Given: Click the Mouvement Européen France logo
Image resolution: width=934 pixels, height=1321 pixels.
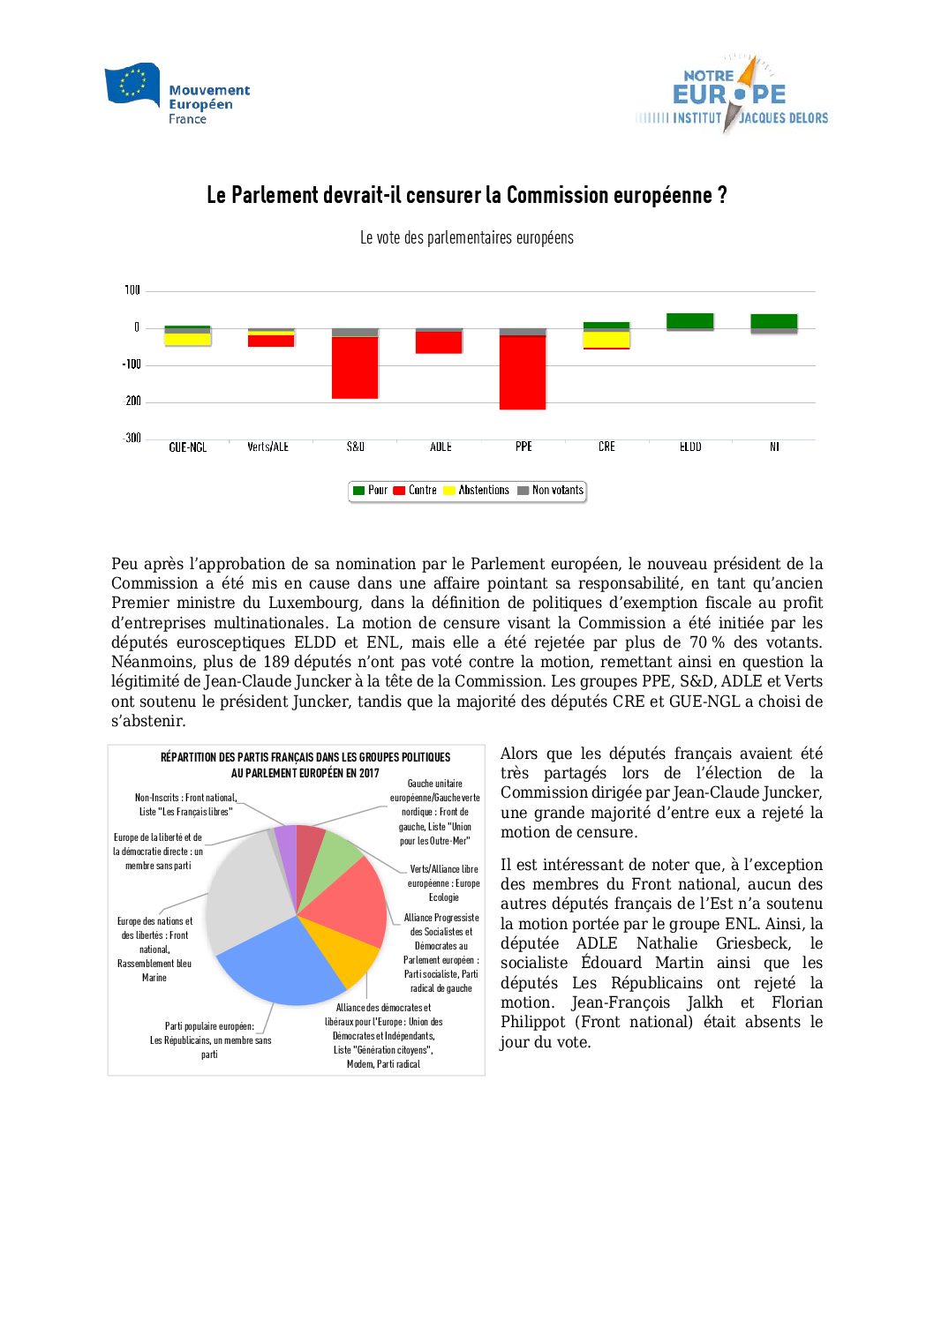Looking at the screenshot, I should [177, 94].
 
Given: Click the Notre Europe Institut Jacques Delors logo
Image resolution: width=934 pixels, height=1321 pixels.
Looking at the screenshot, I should [732, 94].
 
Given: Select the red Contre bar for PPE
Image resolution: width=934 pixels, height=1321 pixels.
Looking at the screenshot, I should [523, 372].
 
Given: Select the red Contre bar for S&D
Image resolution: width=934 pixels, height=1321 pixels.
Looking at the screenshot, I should [355, 367].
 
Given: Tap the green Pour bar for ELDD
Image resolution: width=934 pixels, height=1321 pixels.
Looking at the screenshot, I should [690, 320].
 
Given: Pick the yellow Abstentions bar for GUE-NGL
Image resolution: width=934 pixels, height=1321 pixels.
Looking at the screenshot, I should [187, 340].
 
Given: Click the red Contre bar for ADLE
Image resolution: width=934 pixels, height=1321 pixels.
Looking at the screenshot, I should [439, 342].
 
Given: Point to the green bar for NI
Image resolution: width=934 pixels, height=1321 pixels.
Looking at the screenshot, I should [774, 321].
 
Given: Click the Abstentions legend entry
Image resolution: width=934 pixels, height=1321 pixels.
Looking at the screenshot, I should [476, 491].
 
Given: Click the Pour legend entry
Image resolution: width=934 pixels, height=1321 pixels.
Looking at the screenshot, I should [370, 491].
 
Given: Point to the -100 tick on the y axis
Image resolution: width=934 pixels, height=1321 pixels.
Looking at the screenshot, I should [132, 364].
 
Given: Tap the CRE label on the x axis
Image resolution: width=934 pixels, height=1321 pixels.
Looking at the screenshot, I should [606, 447].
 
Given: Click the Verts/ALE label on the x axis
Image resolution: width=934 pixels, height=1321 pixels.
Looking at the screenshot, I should [267, 447].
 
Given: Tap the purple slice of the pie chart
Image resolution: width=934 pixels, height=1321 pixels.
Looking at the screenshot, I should [286, 841].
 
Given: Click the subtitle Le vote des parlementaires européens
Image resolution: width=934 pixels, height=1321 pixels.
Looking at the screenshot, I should [466, 238].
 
